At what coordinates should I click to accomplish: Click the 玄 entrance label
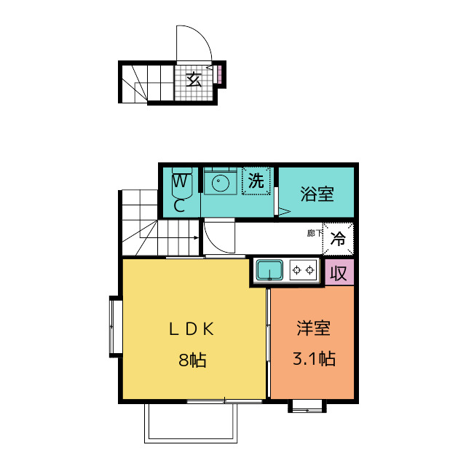(x=194, y=79)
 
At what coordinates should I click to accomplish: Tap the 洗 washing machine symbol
(x=256, y=181)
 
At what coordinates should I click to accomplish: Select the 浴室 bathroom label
(x=317, y=194)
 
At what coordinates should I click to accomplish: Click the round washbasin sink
(x=220, y=183)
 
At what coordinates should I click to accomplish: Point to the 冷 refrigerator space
(x=338, y=239)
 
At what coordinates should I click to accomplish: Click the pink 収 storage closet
(x=339, y=272)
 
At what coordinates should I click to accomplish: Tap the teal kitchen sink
(x=269, y=270)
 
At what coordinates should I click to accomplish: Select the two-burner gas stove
(x=303, y=270)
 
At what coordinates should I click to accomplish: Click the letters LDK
(x=191, y=329)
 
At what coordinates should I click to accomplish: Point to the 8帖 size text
(x=192, y=360)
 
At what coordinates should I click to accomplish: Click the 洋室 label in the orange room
(x=313, y=328)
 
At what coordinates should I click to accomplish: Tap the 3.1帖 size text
(x=314, y=359)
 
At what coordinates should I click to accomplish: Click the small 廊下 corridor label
(x=315, y=233)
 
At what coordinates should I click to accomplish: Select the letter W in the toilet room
(x=180, y=181)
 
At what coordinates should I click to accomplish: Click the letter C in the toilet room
(x=179, y=205)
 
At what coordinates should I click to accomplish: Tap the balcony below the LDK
(x=191, y=423)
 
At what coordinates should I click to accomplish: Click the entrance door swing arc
(x=202, y=33)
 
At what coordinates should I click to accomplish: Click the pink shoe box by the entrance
(x=219, y=74)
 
